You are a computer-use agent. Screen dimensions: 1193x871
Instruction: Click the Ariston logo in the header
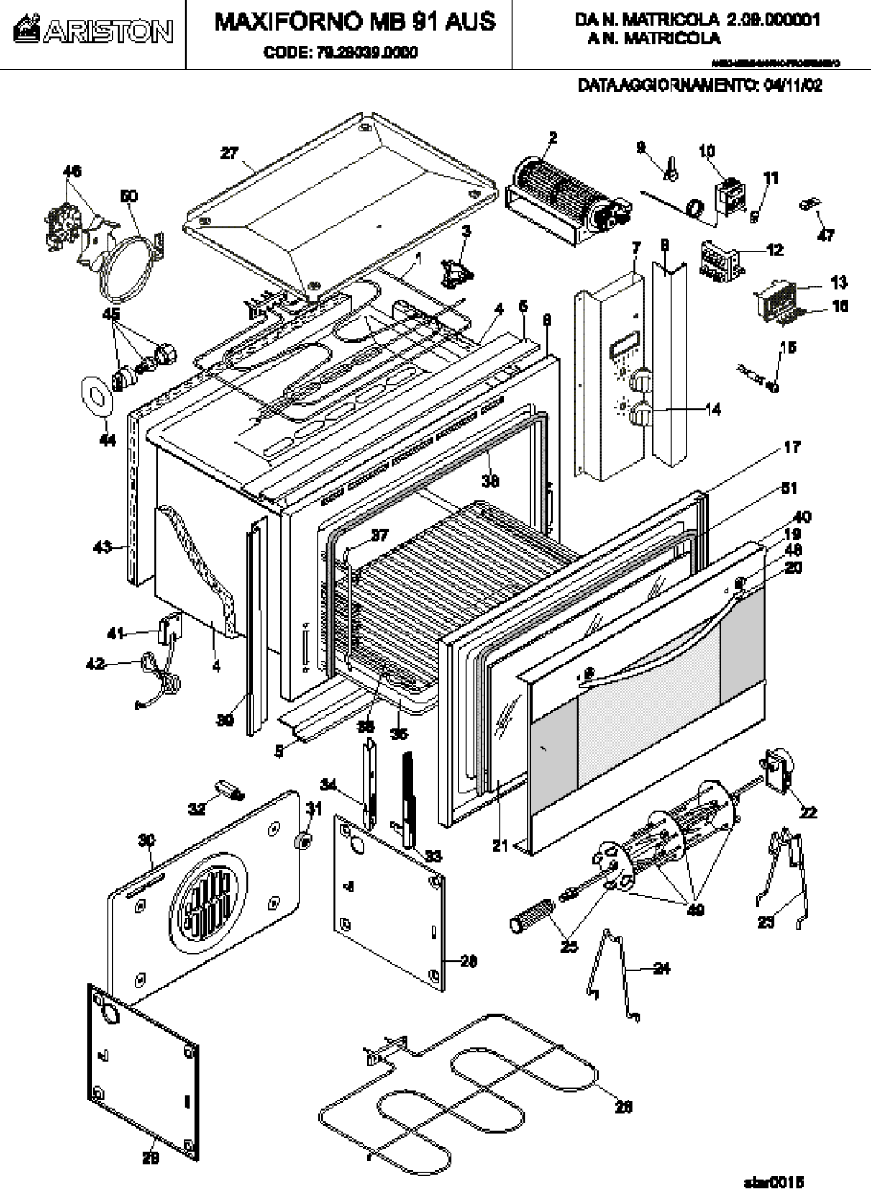tap(93, 31)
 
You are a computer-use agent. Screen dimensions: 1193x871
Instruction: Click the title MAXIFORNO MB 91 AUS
tap(356, 21)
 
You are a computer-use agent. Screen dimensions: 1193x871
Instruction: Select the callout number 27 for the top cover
tap(230, 153)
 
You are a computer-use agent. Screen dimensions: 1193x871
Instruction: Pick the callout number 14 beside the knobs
tap(713, 411)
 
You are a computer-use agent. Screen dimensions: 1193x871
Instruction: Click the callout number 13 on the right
tap(839, 282)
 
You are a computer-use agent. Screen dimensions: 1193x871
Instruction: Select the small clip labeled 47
tap(809, 203)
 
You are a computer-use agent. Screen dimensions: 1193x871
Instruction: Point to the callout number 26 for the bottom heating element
tap(624, 1108)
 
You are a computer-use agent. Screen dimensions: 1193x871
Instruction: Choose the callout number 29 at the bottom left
tap(150, 1158)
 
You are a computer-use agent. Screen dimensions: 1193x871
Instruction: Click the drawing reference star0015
tap(774, 1182)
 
